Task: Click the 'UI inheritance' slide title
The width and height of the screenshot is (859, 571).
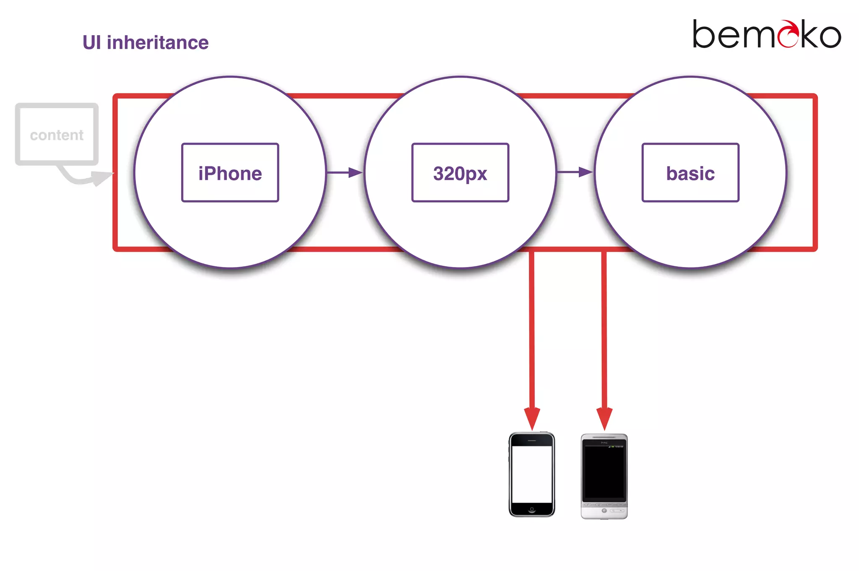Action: click(145, 42)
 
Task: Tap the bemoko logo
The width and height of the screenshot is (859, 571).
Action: click(766, 34)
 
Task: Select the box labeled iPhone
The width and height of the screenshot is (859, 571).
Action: click(230, 173)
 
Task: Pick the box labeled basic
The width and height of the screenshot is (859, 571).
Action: click(690, 173)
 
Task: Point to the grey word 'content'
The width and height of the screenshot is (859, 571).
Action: click(57, 135)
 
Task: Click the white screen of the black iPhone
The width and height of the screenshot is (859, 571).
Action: click(532, 474)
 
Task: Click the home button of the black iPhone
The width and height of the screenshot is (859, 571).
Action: click(532, 509)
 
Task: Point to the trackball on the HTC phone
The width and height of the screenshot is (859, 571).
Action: click(604, 511)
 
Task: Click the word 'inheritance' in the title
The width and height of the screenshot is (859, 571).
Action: click(158, 42)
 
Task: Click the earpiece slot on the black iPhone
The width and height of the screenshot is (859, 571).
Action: click(532, 441)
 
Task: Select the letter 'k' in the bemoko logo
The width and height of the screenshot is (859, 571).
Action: click(810, 34)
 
